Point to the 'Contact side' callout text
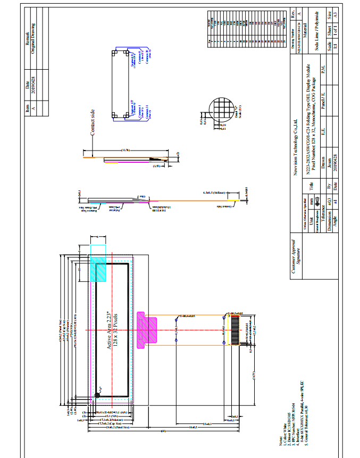92,122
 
